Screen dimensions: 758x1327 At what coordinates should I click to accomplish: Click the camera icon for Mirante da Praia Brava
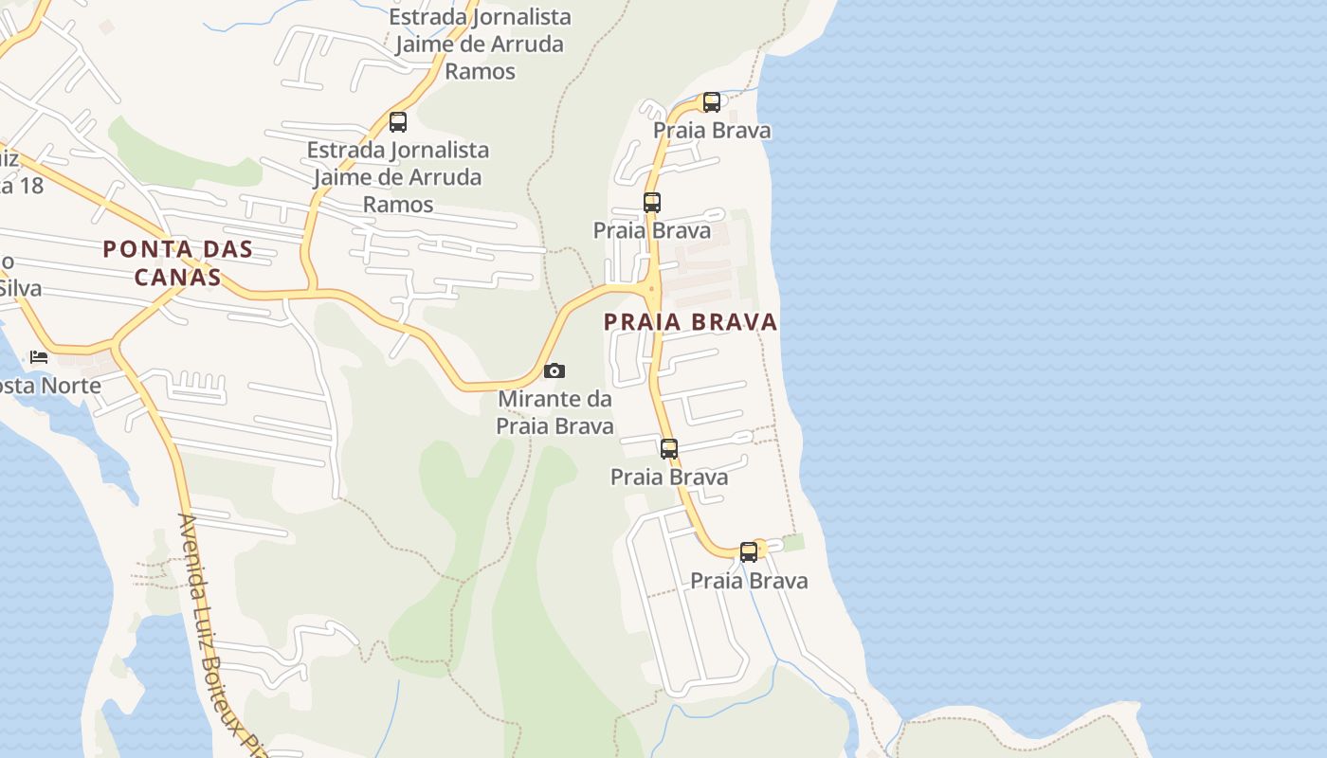click(554, 370)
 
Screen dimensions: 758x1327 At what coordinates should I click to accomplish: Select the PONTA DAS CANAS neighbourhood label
click(177, 262)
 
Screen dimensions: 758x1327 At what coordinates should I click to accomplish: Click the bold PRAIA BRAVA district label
click(690, 322)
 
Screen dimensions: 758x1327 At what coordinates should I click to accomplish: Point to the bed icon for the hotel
click(39, 357)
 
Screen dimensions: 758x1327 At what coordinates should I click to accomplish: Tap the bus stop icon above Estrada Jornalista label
click(398, 122)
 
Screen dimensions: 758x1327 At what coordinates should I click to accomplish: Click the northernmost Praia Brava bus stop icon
click(712, 102)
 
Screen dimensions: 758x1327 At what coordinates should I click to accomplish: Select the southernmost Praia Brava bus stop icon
click(749, 551)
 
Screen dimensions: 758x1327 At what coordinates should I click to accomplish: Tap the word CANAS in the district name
click(177, 278)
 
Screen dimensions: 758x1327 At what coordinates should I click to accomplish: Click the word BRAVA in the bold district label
click(735, 322)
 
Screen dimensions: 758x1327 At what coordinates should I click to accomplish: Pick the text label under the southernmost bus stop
click(749, 581)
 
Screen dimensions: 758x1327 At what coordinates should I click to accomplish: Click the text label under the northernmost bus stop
click(712, 131)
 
